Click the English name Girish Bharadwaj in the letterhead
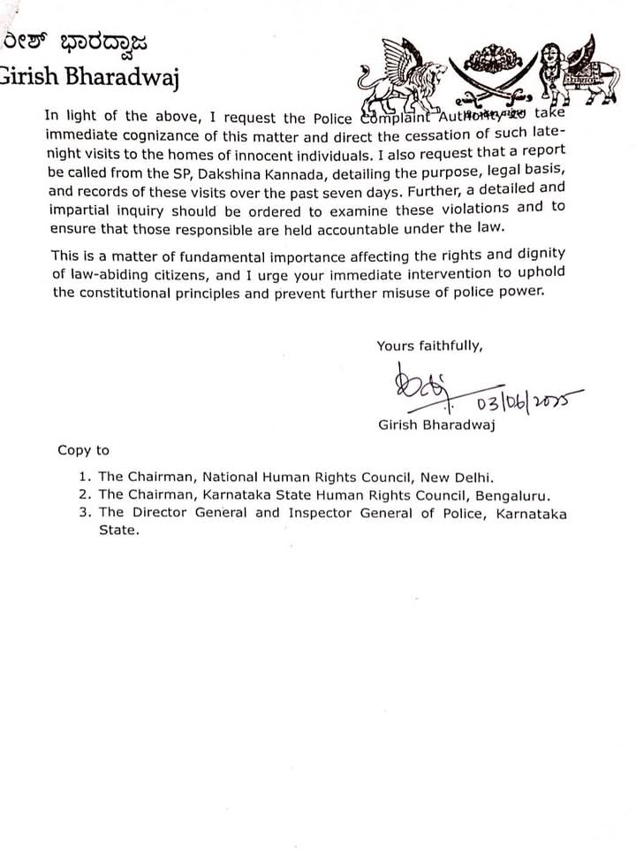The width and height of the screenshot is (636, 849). pos(89,80)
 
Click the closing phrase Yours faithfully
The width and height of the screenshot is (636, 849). pos(429,346)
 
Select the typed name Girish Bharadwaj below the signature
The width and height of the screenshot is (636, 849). pos(430,426)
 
